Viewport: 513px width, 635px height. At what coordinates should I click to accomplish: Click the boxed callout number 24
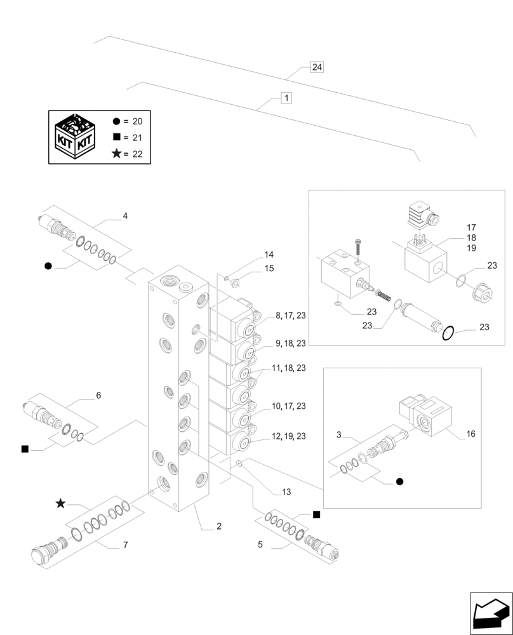[x=317, y=67]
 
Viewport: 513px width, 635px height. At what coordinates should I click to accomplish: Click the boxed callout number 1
[x=286, y=98]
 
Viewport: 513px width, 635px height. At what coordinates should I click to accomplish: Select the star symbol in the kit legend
[x=116, y=154]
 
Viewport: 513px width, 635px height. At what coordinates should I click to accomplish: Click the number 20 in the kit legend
[x=140, y=121]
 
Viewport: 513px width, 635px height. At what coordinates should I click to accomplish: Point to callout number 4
[x=125, y=216]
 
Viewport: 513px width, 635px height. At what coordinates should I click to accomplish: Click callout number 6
[x=98, y=395]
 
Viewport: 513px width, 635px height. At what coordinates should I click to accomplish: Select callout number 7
[x=125, y=545]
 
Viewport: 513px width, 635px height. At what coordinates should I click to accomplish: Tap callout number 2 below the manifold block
[x=218, y=526]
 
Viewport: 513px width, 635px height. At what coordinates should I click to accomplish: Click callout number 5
[x=260, y=544]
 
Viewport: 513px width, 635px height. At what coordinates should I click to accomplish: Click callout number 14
[x=269, y=255]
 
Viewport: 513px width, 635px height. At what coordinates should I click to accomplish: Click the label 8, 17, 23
[x=290, y=315]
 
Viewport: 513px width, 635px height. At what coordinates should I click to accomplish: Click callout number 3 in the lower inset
[x=339, y=434]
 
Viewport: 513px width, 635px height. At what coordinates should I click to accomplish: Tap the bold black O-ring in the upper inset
[x=448, y=332]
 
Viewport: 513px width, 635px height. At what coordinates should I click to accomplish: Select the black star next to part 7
[x=60, y=504]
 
